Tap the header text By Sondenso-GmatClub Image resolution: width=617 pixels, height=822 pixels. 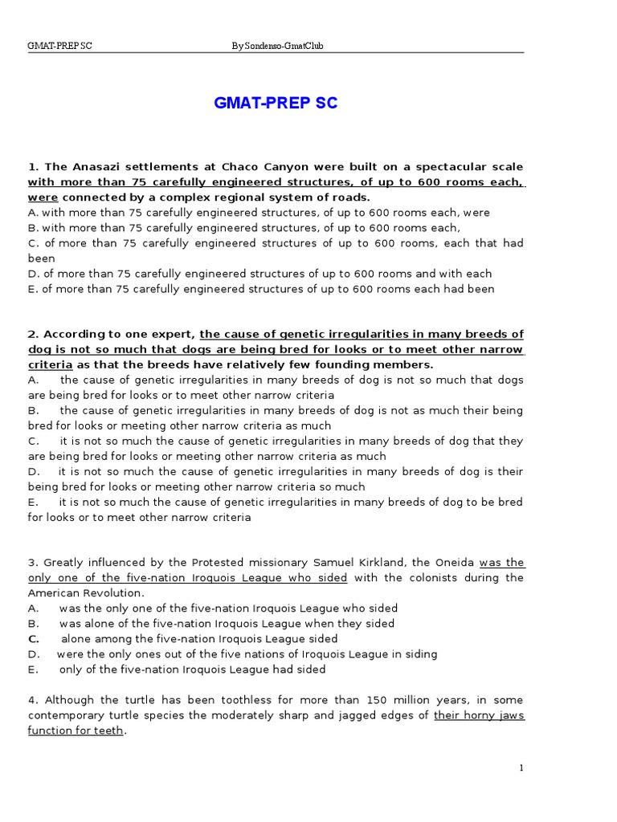coord(277,46)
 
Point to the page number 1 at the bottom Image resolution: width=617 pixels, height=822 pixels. coord(521,768)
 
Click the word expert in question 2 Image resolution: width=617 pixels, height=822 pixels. coord(175,334)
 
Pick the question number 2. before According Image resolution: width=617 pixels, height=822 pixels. coord(33,334)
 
